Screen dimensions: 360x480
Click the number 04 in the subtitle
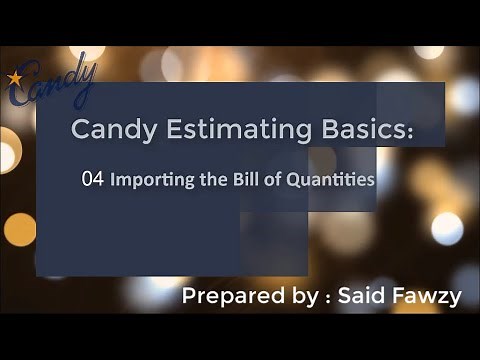[x=93, y=181]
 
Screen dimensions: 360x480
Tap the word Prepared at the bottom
[x=224, y=297]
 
